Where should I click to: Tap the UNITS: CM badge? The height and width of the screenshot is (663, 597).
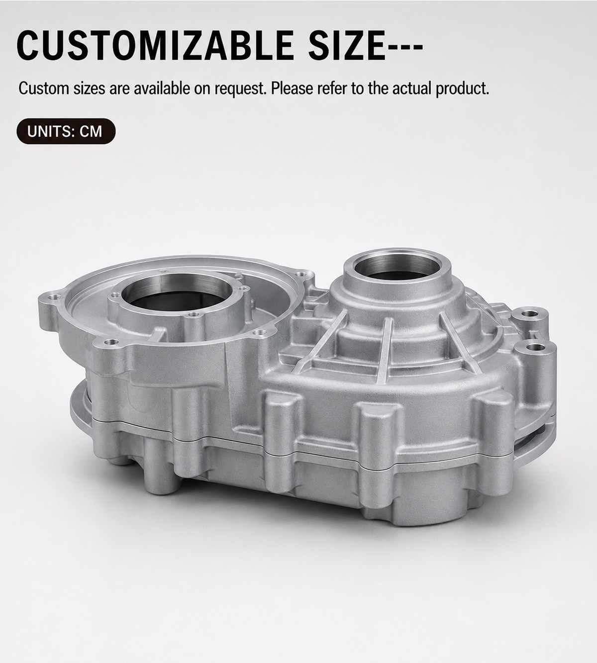tap(66, 131)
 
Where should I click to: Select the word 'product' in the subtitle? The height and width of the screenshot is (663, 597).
tap(462, 89)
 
